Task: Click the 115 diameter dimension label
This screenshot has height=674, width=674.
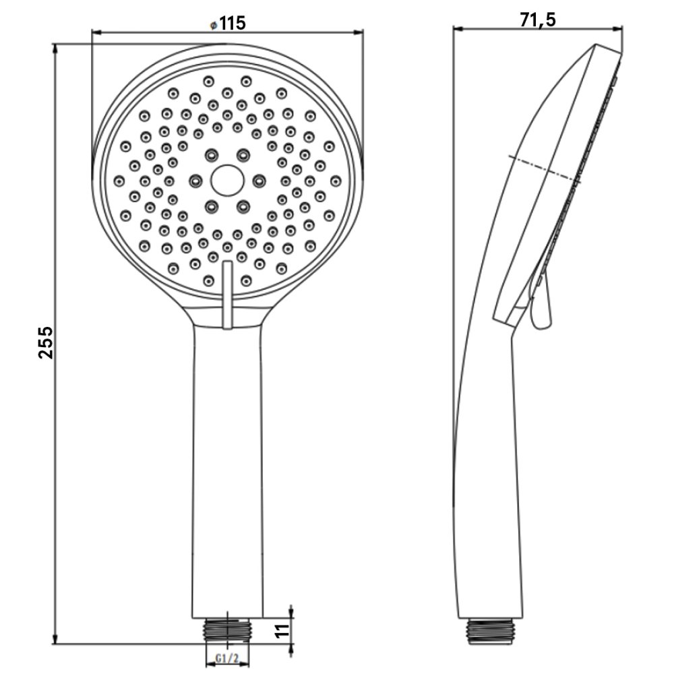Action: (x=233, y=23)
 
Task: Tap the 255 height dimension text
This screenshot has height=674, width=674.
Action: (x=46, y=342)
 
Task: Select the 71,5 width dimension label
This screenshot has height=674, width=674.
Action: (x=538, y=20)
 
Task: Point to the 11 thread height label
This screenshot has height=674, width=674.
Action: (x=282, y=631)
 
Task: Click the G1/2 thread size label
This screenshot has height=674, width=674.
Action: (x=227, y=658)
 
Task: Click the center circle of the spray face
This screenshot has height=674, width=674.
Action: (x=227, y=181)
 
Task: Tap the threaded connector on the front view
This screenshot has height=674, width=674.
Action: (x=227, y=631)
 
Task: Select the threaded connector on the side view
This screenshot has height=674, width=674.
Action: (x=491, y=632)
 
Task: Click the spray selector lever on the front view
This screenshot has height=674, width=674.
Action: (x=227, y=295)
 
